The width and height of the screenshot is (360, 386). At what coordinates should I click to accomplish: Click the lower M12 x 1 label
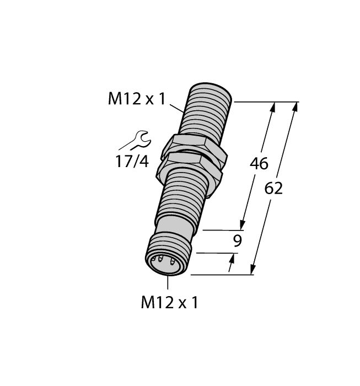tap(169, 302)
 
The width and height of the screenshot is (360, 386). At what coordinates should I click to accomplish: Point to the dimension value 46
tap(259, 164)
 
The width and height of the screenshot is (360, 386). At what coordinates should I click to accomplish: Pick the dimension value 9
tap(237, 240)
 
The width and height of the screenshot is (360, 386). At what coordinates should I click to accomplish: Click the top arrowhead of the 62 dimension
tap(296, 106)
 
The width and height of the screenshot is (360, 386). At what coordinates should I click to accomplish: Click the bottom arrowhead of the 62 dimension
tap(253, 270)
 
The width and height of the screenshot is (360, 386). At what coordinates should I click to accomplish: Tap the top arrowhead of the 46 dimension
tap(272, 107)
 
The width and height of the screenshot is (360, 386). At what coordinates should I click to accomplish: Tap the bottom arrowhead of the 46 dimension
tap(242, 224)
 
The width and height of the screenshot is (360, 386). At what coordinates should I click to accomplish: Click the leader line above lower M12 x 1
tap(168, 282)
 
